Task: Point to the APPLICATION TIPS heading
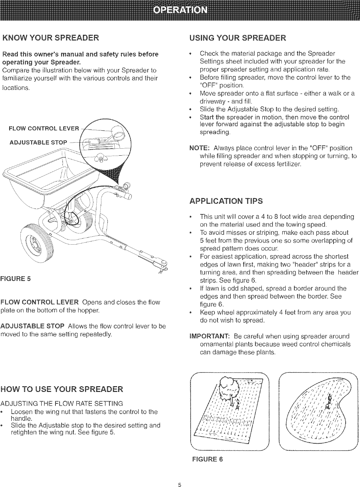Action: click(x=226, y=201)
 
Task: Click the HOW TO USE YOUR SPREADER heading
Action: click(x=62, y=389)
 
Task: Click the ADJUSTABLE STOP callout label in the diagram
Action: click(x=38, y=142)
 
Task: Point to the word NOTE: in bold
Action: click(x=199, y=148)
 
